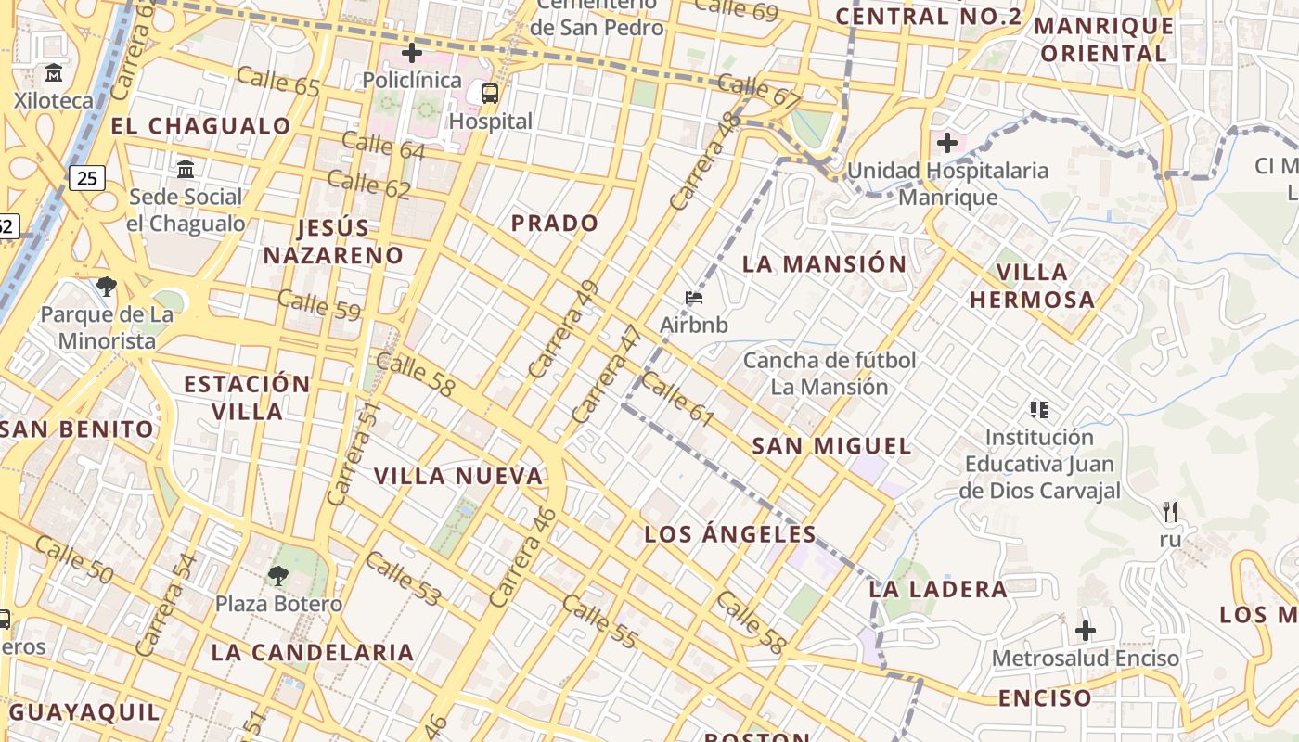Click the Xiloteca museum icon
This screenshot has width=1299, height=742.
[54, 72]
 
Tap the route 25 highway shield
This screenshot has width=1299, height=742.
[86, 177]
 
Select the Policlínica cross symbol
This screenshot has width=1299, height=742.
[412, 53]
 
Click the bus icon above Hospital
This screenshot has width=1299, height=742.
[489, 93]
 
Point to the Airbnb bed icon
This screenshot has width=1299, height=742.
[694, 298]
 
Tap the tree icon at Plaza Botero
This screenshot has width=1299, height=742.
[277, 576]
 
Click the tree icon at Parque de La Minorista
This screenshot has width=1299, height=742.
[107, 287]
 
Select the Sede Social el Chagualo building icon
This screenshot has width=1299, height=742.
[186, 169]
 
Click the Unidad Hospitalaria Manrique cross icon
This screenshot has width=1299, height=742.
[947, 143]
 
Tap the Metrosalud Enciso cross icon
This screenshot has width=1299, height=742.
[1086, 632]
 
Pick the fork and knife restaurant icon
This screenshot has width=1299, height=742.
[1170, 511]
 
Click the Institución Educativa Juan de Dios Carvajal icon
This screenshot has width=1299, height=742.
[1039, 409]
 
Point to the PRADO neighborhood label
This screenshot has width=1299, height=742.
[555, 224]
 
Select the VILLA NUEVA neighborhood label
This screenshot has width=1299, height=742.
[458, 477]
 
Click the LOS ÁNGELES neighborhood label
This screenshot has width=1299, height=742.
[730, 534]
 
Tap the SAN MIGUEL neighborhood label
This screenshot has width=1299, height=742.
[831, 446]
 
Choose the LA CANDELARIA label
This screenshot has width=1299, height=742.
[313, 652]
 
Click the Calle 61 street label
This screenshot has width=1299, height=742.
[678, 400]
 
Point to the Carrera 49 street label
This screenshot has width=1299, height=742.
[563, 329]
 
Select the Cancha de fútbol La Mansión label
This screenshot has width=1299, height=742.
[830, 373]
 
